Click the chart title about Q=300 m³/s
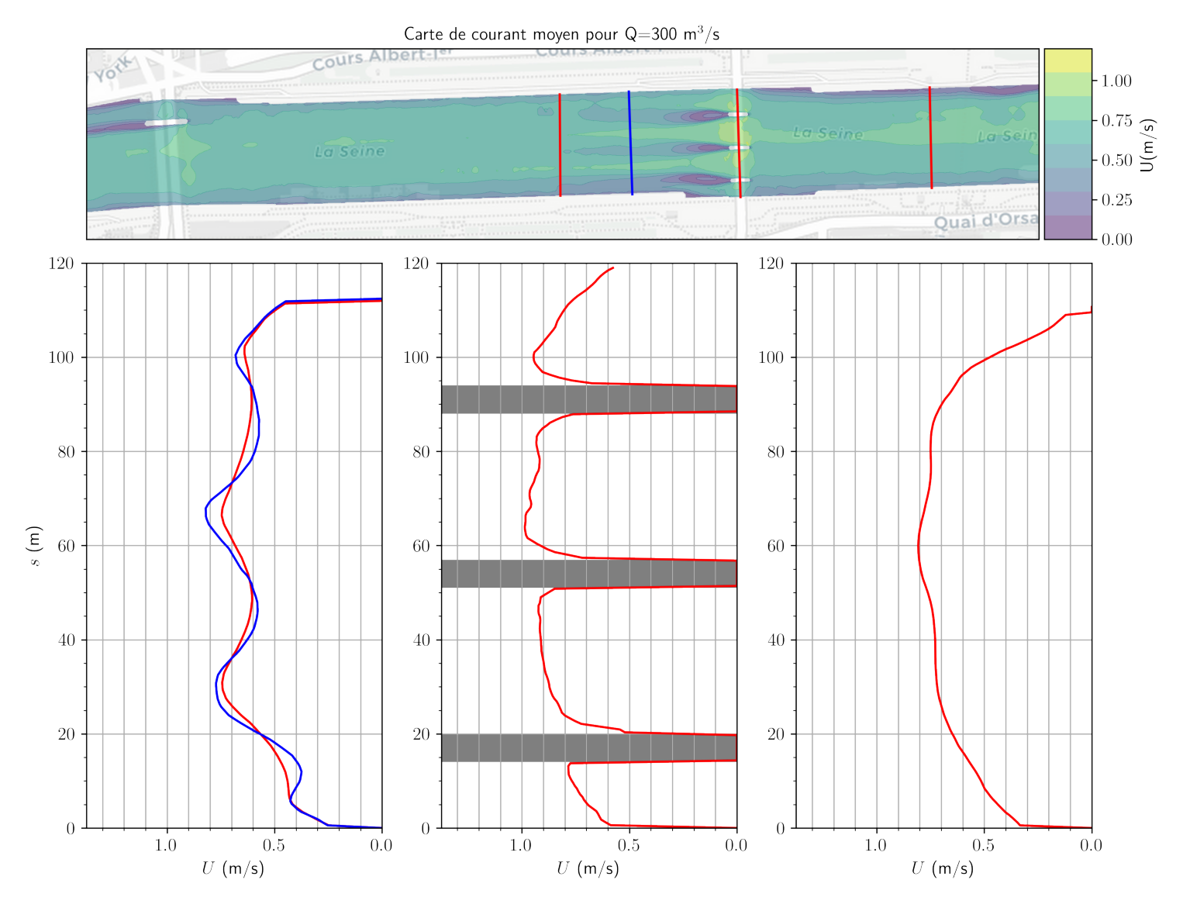(x=561, y=34)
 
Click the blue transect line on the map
(x=630, y=143)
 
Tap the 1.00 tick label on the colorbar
(x=1116, y=81)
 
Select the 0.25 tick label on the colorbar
(x=1116, y=200)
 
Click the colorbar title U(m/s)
(x=1149, y=145)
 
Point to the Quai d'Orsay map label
(x=985, y=221)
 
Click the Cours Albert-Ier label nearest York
(x=371, y=59)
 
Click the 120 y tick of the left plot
(x=61, y=264)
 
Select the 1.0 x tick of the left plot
(x=166, y=845)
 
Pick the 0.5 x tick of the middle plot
(x=629, y=845)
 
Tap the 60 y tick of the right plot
(x=776, y=546)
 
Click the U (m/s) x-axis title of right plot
(x=943, y=868)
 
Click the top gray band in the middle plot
(x=589, y=399)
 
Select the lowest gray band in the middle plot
(x=589, y=747)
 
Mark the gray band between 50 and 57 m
(x=589, y=574)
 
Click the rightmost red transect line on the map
(x=930, y=137)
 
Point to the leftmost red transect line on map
(x=560, y=145)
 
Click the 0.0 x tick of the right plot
(x=1091, y=845)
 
